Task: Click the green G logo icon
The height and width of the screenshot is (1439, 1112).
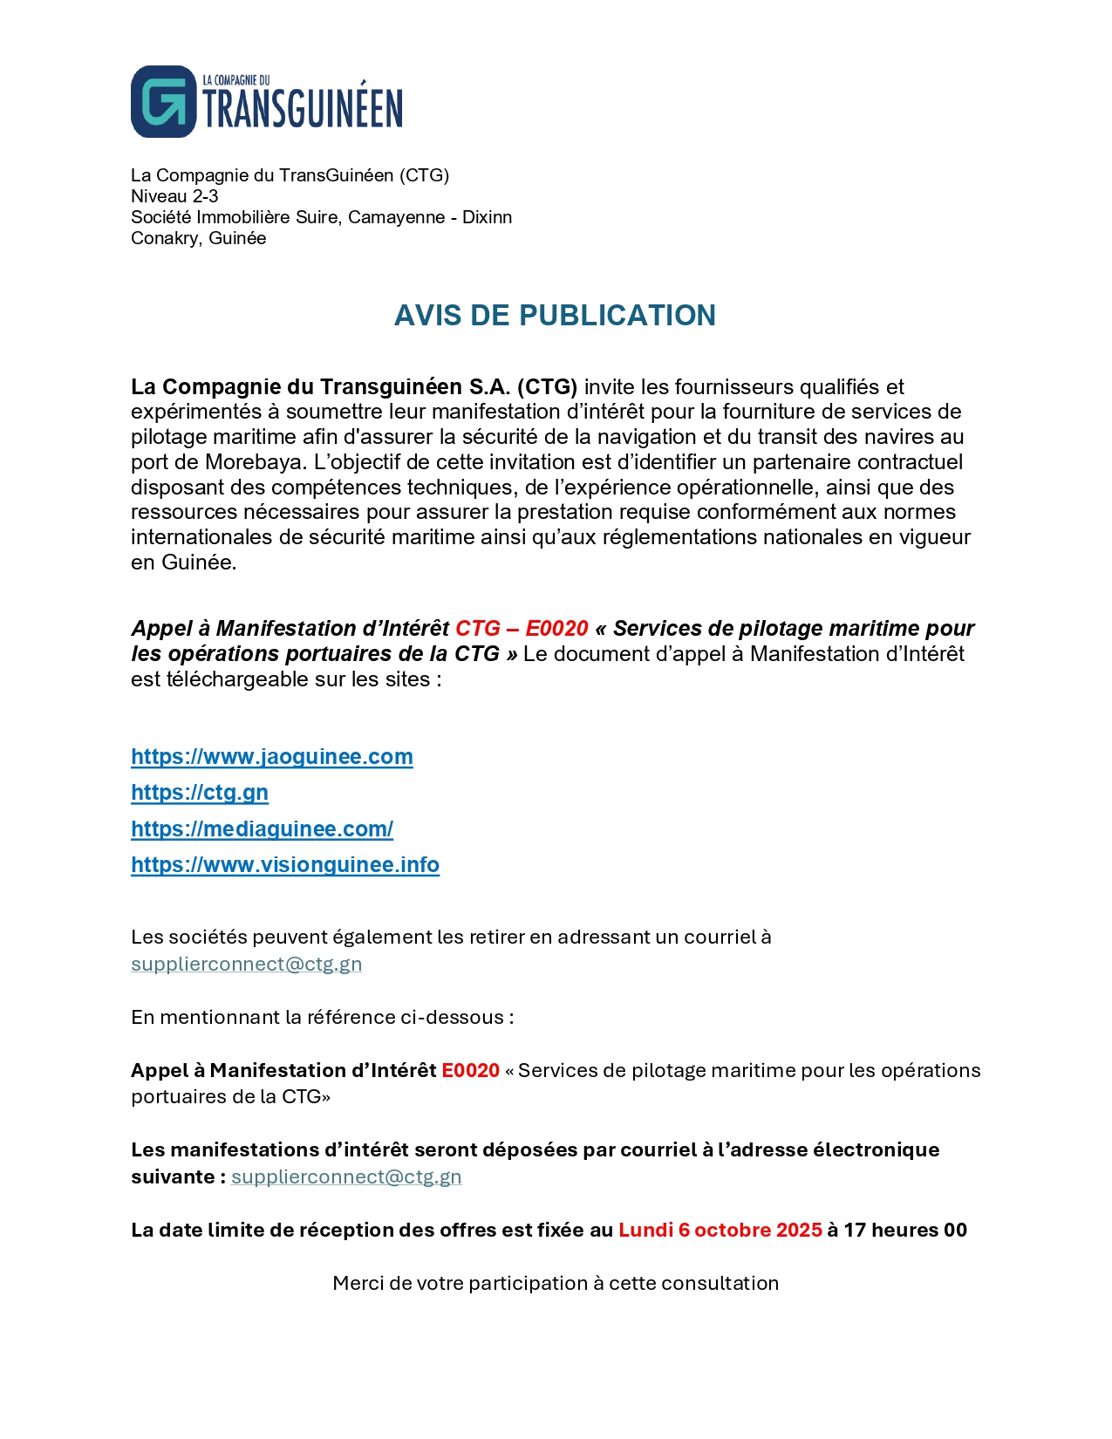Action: click(x=164, y=101)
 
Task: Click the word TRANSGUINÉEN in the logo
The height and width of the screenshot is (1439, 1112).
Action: click(x=303, y=108)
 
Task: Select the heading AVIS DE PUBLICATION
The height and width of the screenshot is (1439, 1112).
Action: click(x=555, y=315)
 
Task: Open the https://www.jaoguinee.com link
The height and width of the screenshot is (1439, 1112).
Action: click(x=271, y=756)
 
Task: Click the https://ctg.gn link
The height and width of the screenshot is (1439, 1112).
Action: click(x=200, y=792)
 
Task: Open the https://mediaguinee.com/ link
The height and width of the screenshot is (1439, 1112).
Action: click(x=262, y=829)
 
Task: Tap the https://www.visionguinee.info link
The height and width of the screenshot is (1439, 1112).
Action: click(x=285, y=864)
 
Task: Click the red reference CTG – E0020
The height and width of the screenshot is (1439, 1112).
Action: click(x=522, y=628)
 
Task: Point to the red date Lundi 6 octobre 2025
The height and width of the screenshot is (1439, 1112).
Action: click(x=720, y=1230)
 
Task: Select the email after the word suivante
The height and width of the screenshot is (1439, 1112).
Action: click(x=346, y=1176)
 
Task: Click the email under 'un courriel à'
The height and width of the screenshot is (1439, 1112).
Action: click(x=246, y=964)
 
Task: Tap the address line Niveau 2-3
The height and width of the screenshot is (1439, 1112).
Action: click(x=174, y=196)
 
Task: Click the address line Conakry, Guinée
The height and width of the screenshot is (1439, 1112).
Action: click(x=198, y=238)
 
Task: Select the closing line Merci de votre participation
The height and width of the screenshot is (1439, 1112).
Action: click(x=556, y=1283)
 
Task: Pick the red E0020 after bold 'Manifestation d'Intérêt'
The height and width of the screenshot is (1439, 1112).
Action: click(x=470, y=1070)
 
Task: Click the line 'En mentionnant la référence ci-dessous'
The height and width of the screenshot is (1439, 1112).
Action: click(x=322, y=1017)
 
